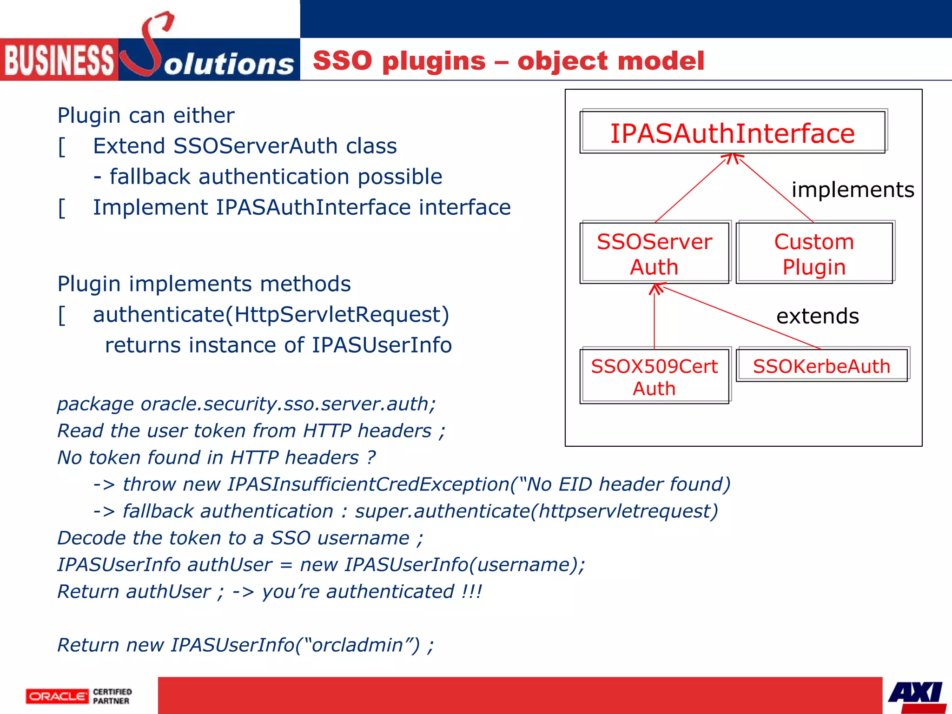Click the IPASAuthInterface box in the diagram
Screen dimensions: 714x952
pos(732,132)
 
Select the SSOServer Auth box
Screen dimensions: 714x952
pos(654,253)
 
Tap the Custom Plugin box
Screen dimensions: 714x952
pos(814,253)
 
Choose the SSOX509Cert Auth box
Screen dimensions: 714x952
pos(654,377)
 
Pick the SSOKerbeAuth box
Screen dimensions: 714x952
pos(821,366)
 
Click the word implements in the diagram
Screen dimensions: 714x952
pos(853,190)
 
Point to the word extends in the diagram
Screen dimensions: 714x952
pos(817,316)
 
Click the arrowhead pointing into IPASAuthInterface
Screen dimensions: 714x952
pos(733,158)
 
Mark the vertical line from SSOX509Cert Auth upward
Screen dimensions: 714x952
pos(654,321)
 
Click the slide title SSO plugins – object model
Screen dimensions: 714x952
pos(509,60)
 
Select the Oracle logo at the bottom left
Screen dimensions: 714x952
pos(57,696)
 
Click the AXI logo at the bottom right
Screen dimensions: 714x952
pos(916,694)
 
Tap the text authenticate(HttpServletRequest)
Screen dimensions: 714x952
pos(271,315)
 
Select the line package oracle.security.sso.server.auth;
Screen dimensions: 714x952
pos(246,403)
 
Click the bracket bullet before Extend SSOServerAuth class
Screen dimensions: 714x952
pos(62,147)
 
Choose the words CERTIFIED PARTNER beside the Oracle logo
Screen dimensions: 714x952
pos(112,696)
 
